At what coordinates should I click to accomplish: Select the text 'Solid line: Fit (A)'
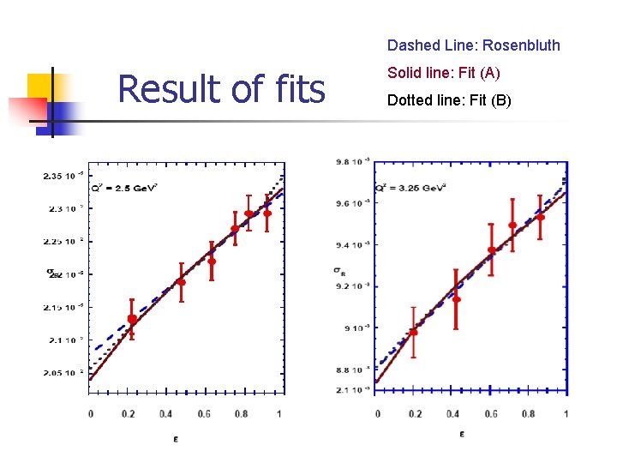[443, 73]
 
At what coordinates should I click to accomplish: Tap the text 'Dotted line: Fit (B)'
[449, 100]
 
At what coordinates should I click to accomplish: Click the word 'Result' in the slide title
[166, 88]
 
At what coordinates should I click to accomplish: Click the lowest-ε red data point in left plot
[132, 319]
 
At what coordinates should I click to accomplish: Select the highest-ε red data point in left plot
[267, 213]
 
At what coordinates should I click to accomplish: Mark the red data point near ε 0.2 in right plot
[413, 332]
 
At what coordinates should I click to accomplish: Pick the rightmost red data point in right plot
[541, 217]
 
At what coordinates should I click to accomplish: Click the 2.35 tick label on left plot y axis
[63, 176]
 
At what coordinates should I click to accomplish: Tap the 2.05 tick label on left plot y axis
[63, 373]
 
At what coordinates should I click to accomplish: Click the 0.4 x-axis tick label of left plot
[166, 414]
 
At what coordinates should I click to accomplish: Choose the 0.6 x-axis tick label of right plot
[490, 414]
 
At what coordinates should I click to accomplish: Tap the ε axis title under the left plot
[181, 441]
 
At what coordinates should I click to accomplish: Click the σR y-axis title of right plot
[339, 271]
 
